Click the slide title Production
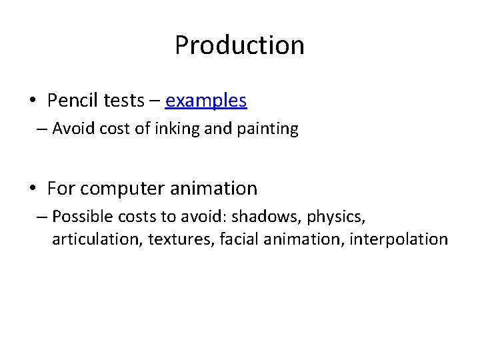239,45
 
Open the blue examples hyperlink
206,101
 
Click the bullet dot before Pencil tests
33,101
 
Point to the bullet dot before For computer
33,189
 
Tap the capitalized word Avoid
71,129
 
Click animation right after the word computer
213,189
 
